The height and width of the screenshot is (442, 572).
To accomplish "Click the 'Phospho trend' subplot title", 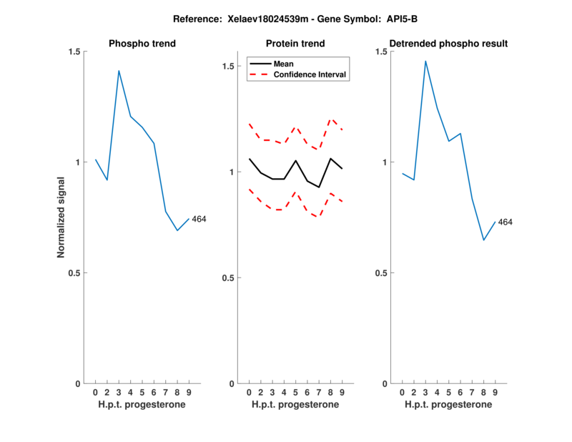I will tap(142, 44).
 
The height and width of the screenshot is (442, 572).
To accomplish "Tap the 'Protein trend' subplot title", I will tap(295, 44).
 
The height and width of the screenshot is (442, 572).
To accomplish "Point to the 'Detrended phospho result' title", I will tap(448, 44).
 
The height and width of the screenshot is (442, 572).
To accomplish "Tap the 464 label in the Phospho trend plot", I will tap(199, 219).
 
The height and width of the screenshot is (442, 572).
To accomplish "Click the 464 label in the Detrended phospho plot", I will tap(505, 222).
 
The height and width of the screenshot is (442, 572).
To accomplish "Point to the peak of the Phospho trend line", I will tap(119, 70).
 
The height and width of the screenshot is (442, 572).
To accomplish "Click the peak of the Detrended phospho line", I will tap(425, 61).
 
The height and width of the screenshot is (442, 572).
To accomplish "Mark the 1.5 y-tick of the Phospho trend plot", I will tap(74, 51).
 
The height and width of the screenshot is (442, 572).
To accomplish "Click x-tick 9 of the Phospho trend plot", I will tap(189, 392).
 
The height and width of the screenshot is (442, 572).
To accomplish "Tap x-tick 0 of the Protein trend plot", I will tap(249, 392).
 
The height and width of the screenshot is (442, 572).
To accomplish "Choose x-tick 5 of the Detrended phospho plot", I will tap(448, 392).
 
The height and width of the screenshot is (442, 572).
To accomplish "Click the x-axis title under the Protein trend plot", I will tap(295, 405).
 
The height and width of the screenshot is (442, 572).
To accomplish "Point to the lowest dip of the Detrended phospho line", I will tap(483, 240).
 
